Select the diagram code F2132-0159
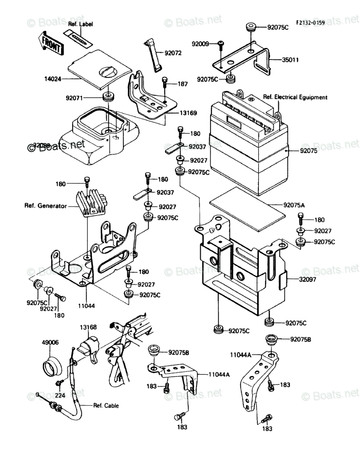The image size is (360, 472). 310,23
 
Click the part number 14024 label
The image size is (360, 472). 53,79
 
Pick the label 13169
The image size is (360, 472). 188,113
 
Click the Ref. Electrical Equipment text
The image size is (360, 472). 295,97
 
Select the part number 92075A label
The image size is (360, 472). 294,205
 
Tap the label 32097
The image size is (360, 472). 308,279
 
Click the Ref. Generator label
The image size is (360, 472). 46,206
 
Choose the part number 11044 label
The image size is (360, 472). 87,306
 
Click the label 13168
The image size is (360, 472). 88,327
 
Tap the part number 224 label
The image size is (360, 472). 60,396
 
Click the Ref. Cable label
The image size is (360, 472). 106,405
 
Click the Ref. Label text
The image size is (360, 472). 81,25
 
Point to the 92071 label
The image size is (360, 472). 75,97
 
